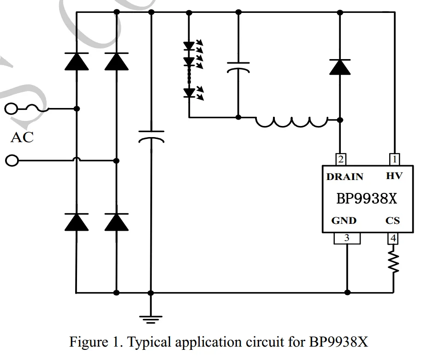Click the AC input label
tap(22, 137)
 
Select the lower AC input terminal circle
tap(12, 161)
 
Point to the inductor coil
tap(292, 122)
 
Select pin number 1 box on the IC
tap(394, 160)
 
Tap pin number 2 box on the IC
tap(340, 160)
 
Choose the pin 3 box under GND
tap(347, 238)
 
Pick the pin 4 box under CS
tap(393, 238)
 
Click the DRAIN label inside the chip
tap(344, 177)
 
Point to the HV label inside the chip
tap(394, 176)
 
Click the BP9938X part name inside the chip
tap(367, 198)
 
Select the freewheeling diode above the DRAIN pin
tap(340, 67)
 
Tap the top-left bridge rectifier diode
tap(77, 61)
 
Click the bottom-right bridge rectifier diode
tap(116, 222)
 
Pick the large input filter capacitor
tap(151, 137)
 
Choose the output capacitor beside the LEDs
tap(238, 67)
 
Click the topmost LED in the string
tap(189, 46)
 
